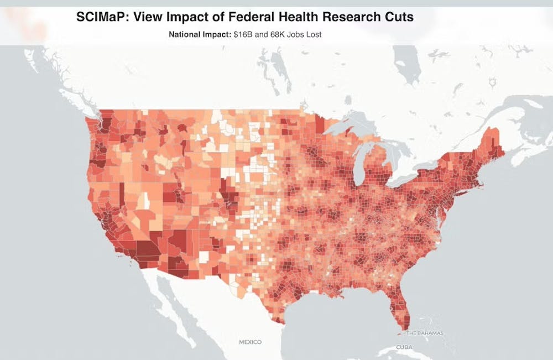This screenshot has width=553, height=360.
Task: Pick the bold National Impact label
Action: pos(192,34)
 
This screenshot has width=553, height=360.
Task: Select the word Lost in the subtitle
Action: pos(313,34)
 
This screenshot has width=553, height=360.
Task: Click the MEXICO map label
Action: pos(250,342)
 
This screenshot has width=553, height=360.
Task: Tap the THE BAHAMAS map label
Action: pos(425,333)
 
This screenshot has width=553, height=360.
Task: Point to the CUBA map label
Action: pos(404,347)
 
